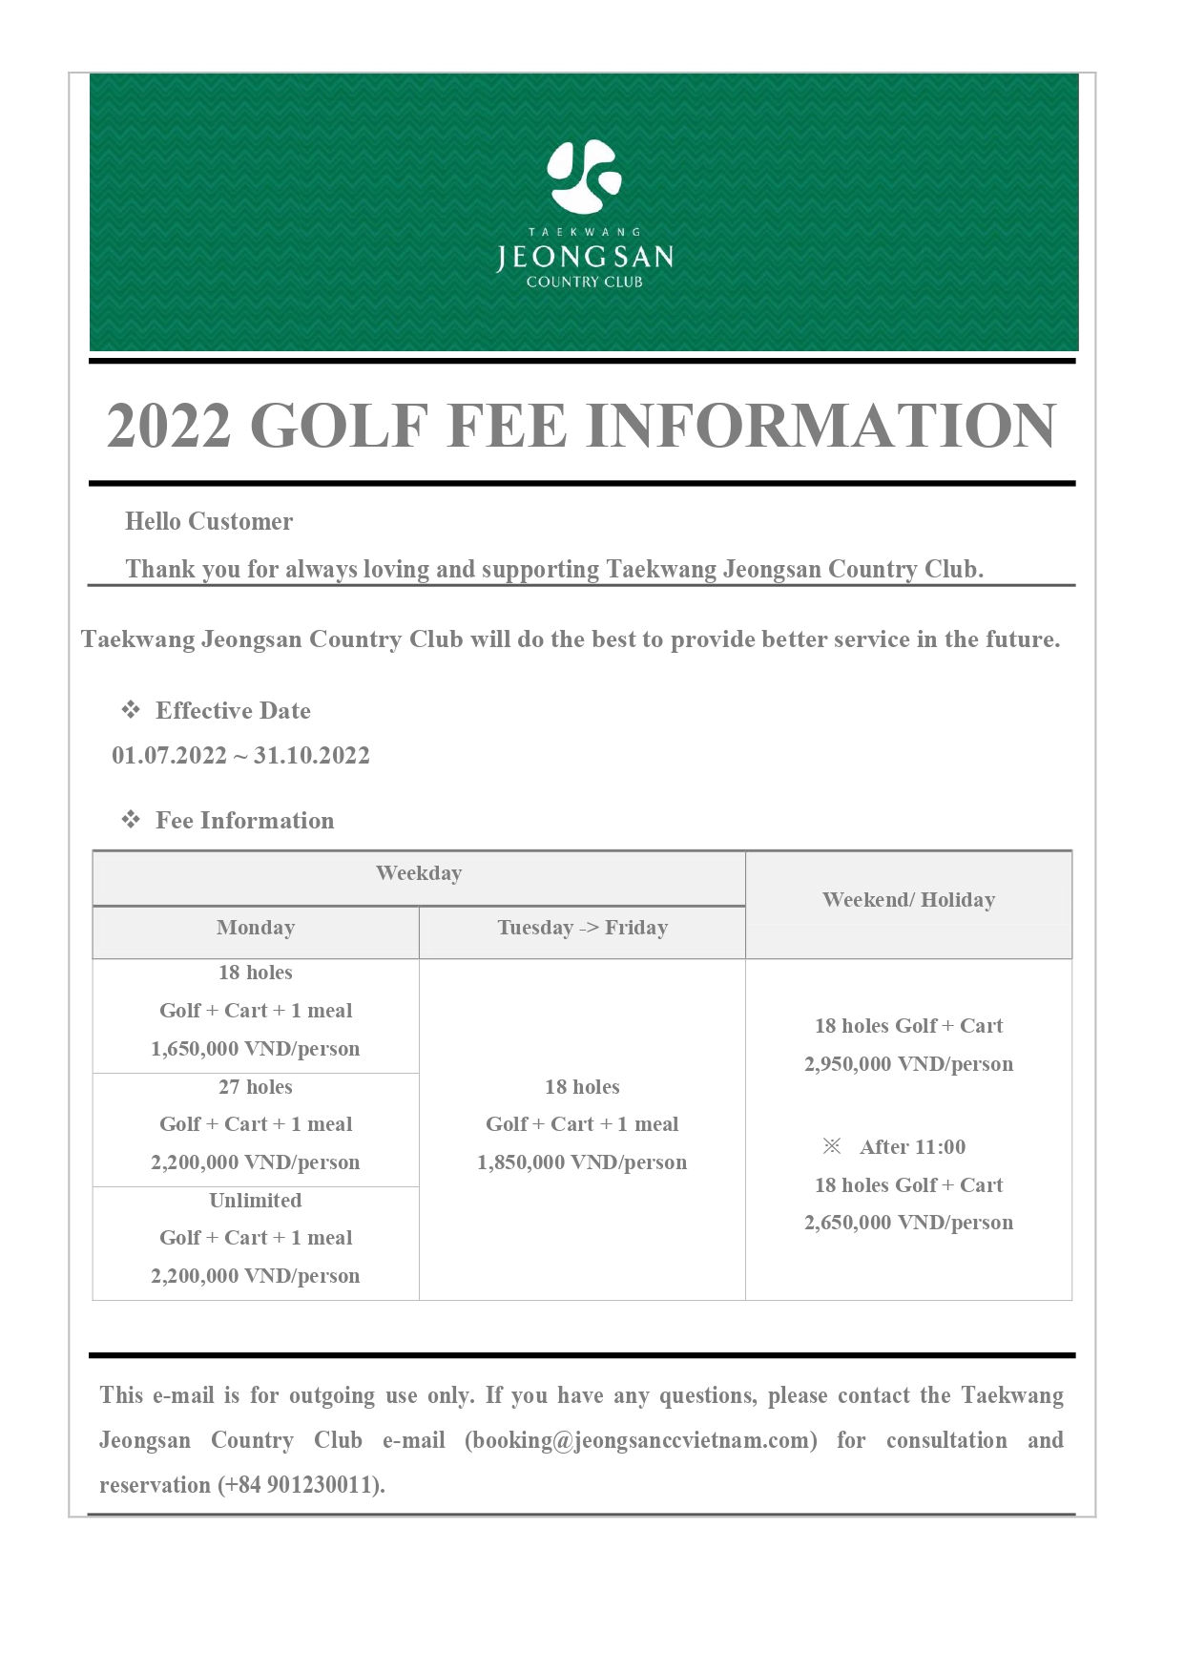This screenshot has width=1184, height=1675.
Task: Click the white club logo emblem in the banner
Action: point(584,177)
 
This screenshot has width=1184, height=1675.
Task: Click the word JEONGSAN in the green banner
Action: point(584,257)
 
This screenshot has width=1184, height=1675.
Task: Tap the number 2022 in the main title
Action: point(169,426)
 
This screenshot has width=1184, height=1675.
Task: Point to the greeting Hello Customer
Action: point(209,521)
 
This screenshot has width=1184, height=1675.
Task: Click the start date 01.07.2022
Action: point(169,755)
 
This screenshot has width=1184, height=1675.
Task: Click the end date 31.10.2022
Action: point(311,755)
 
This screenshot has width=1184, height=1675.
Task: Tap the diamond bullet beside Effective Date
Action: point(131,710)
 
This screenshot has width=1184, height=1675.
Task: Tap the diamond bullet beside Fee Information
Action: point(131,820)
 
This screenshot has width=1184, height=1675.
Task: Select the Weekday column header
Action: point(419,873)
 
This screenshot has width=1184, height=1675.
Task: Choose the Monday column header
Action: point(256,928)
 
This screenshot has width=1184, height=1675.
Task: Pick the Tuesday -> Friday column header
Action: point(582,928)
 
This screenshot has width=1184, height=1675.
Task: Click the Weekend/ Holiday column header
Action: point(908,900)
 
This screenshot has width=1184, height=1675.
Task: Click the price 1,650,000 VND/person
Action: point(256,1049)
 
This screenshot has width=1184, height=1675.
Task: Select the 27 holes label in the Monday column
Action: point(256,1087)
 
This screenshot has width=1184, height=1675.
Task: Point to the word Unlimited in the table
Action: point(256,1201)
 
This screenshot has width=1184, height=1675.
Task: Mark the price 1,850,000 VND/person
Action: point(582,1162)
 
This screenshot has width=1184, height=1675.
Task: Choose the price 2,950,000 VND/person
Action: point(908,1064)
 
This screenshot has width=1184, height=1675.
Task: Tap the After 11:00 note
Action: point(911,1147)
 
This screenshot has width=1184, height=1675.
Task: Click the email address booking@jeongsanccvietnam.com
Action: point(640,1440)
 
